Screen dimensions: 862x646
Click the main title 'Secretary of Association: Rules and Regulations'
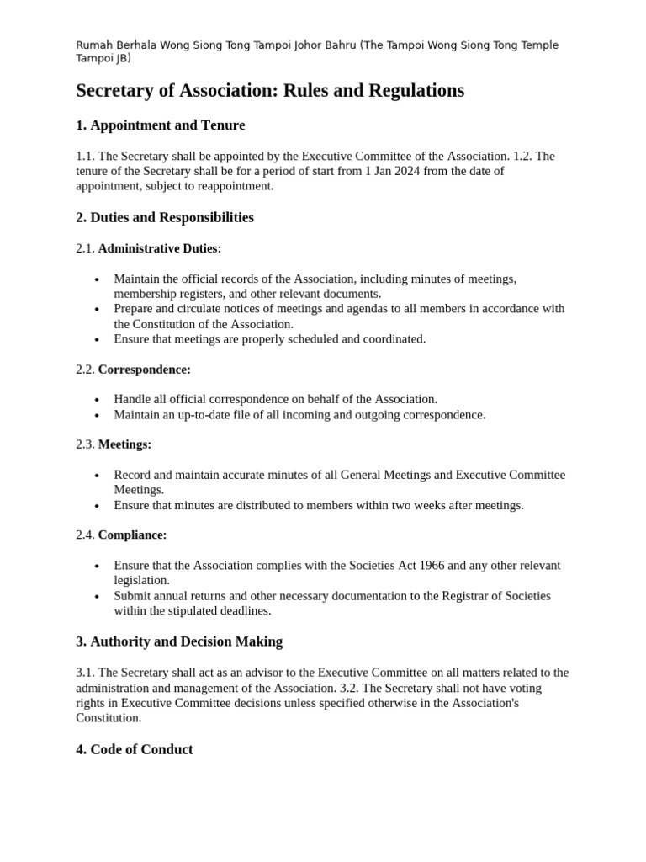pos(270,91)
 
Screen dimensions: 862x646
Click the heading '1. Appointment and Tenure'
pos(160,125)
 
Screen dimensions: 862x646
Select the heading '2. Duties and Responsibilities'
pos(164,217)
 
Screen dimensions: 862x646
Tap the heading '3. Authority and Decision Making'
pos(179,641)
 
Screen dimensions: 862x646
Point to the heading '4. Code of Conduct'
pos(134,749)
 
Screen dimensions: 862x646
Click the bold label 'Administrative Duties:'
pos(160,248)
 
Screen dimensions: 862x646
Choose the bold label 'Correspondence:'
pos(145,370)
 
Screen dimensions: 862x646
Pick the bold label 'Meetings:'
pos(124,444)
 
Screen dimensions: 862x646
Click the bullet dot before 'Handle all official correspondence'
pos(98,400)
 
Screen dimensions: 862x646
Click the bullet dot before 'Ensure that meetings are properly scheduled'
pos(98,339)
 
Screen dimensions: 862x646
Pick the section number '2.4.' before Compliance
pos(85,535)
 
